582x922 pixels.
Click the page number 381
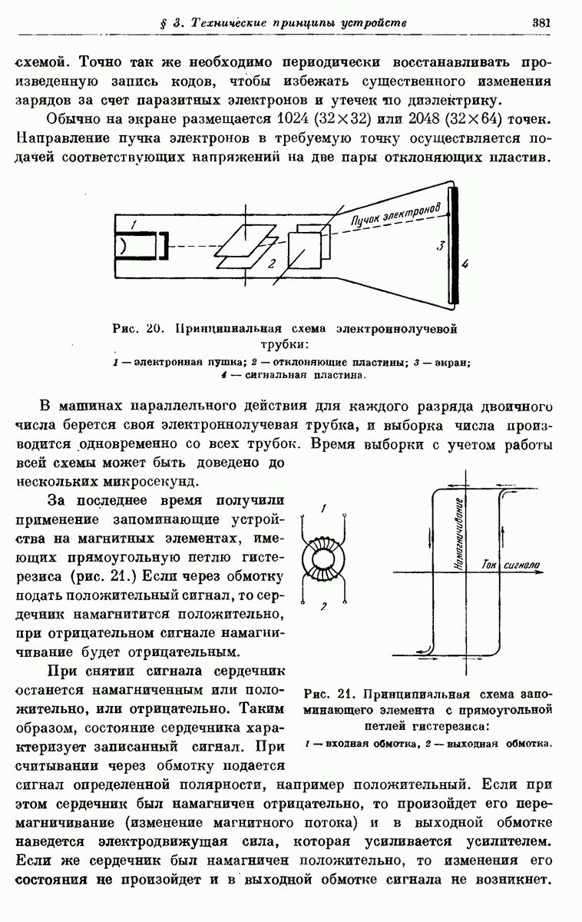point(542,22)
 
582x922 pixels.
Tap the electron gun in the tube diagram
point(142,245)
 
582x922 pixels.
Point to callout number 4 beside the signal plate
point(465,264)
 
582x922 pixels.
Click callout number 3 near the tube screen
point(441,246)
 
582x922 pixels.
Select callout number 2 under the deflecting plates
point(270,264)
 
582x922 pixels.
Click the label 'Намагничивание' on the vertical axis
point(459,535)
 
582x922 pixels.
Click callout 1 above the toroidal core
point(326,508)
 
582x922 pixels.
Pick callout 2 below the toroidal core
point(324,607)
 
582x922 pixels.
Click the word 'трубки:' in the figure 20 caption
point(285,343)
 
